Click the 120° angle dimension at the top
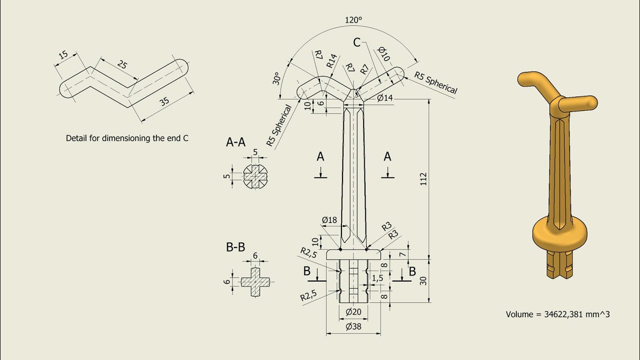tap(353, 20)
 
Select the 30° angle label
tap(276, 78)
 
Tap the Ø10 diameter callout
tap(383, 53)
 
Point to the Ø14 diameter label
tap(385, 98)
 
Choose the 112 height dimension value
tap(423, 178)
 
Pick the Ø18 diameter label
tap(329, 220)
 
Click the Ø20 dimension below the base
tap(353, 312)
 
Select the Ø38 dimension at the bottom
tap(353, 327)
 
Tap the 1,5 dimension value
tap(377, 277)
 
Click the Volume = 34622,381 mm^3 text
tap(557, 314)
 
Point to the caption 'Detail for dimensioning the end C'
tap(127, 138)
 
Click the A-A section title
tap(235, 142)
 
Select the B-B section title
tap(235, 247)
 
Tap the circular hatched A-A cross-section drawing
tap(255, 176)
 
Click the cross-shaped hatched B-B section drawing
tap(255, 282)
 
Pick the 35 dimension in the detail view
tap(164, 101)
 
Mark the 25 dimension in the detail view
tap(121, 64)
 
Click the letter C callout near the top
tap(356, 42)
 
